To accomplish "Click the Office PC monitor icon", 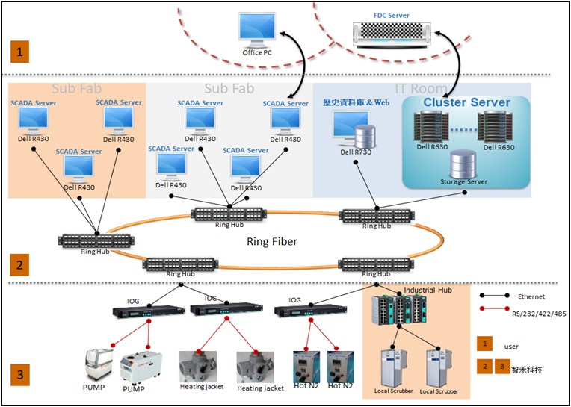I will tap(257, 28).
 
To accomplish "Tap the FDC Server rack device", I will tap(393, 31).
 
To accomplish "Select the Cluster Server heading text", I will tap(466, 102).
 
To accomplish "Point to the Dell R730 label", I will tap(356, 152).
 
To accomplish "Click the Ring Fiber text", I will tap(272, 242).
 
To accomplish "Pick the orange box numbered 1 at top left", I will tap(19, 52).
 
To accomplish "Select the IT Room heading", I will tap(422, 89).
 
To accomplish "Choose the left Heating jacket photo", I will tap(198, 366).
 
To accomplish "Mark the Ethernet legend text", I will tap(531, 296).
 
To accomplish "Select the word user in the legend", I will tap(511, 346).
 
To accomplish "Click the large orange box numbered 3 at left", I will tap(19, 373).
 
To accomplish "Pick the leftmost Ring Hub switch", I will tap(95, 240).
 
